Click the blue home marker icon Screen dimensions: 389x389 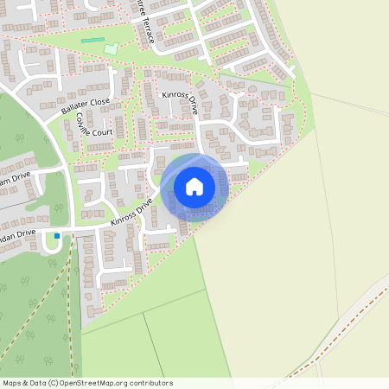tap(194, 187)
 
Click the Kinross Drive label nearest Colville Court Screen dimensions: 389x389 tap(179, 106)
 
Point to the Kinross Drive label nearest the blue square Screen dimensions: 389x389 tap(131, 214)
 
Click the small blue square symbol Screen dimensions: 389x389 tap(57, 235)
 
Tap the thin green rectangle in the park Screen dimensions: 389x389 tap(92, 41)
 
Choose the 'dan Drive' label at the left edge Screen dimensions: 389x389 tap(17, 234)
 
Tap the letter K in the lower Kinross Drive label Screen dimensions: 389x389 tap(112, 226)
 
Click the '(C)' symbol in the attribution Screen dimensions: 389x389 tap(53, 383)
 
